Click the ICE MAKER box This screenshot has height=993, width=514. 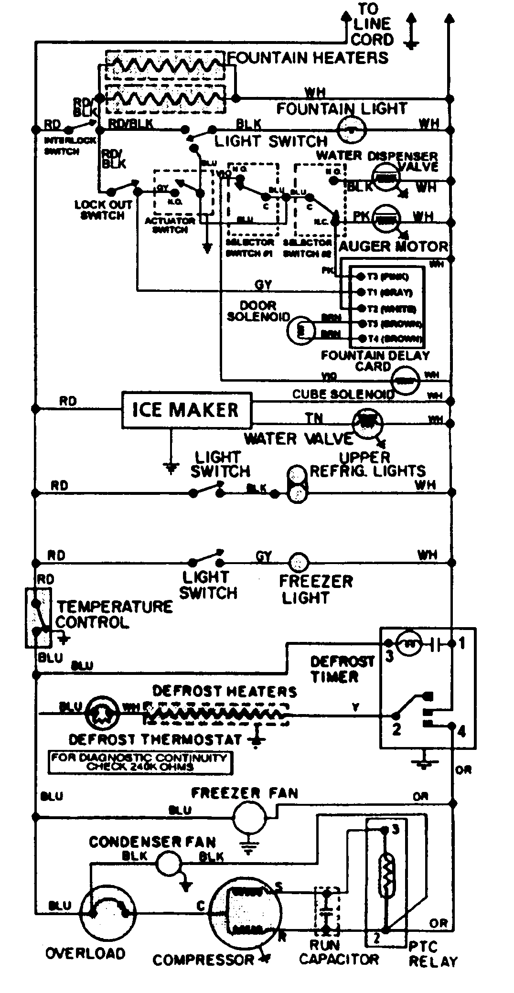coord(186,410)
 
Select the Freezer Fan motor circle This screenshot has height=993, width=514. coord(248,817)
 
